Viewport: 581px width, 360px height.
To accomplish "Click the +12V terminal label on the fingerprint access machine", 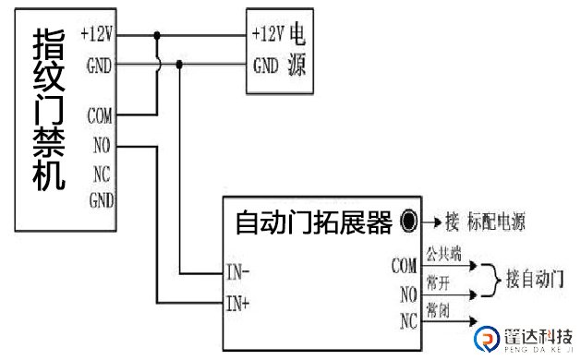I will (97, 34).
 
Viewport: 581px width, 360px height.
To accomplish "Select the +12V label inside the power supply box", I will (267, 34).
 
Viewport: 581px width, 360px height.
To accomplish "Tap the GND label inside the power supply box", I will (266, 66).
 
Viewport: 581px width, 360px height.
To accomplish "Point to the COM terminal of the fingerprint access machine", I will (100, 116).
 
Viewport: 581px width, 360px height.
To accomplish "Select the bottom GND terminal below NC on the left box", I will (100, 199).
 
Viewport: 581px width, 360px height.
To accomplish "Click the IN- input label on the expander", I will (237, 272).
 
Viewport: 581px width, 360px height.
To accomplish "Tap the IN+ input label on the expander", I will (237, 301).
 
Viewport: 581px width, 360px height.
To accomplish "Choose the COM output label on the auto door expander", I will (404, 266).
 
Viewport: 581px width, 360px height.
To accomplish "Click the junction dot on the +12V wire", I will (158, 35).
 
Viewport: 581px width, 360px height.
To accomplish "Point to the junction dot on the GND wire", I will (178, 65).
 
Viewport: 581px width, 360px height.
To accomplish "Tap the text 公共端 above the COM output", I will (442, 251).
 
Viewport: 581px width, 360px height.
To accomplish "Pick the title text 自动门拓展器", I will (312, 222).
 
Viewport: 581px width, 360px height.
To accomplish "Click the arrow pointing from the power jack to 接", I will (430, 222).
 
